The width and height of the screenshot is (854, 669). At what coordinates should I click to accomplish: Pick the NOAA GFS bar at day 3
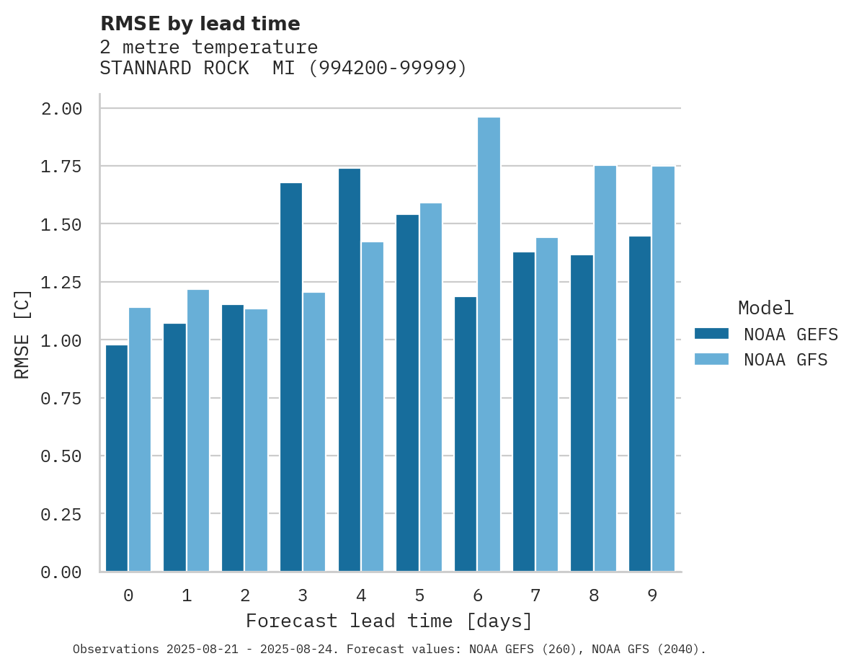(314, 432)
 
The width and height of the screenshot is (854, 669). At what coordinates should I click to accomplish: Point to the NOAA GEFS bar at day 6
(466, 434)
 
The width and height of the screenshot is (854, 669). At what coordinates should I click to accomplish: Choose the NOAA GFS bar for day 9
(663, 369)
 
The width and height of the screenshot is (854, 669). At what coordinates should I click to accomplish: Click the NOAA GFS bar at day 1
(198, 430)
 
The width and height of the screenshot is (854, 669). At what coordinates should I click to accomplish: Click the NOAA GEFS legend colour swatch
(711, 334)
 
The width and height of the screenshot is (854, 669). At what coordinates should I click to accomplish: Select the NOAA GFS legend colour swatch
(711, 359)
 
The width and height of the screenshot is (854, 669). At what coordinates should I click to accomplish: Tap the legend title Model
(766, 308)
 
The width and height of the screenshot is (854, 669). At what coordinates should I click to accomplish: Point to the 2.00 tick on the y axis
(61, 109)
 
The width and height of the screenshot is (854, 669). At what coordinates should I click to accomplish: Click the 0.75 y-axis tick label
(61, 399)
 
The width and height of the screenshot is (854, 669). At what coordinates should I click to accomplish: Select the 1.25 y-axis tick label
(61, 283)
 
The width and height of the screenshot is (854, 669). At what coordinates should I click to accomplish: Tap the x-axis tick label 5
(419, 595)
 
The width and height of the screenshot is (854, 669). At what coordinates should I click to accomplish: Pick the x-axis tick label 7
(535, 595)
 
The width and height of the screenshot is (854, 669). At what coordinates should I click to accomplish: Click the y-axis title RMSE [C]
(22, 334)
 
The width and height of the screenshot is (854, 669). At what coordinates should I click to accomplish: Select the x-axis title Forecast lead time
(389, 621)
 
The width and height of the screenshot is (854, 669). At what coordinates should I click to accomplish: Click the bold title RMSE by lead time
(200, 24)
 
